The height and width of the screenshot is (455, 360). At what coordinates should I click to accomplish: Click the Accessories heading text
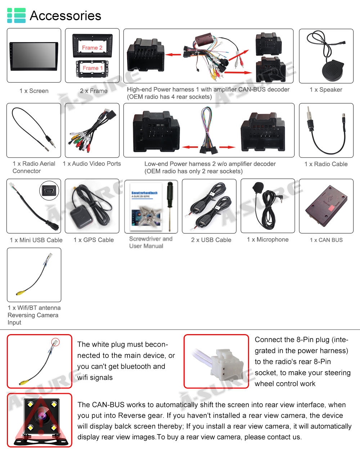click(x=65, y=16)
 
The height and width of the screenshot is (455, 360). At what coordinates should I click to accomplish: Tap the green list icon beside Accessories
click(x=16, y=15)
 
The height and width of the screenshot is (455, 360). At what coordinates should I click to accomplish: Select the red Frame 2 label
click(x=92, y=48)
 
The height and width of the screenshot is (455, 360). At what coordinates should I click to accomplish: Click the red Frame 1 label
click(x=93, y=68)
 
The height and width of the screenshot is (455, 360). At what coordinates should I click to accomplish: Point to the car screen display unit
click(x=34, y=56)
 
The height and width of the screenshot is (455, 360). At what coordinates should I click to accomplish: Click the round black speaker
click(x=333, y=70)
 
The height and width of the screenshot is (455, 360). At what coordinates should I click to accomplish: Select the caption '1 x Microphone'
click(x=267, y=240)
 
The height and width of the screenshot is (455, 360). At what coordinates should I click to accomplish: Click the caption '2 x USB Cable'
click(x=211, y=240)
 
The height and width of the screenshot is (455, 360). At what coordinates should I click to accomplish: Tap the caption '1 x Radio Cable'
click(x=326, y=164)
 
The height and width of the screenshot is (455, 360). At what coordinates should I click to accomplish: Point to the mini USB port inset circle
click(x=49, y=191)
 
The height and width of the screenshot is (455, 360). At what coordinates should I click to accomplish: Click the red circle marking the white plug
click(x=55, y=342)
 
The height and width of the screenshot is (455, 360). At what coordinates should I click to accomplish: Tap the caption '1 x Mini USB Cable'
click(x=36, y=240)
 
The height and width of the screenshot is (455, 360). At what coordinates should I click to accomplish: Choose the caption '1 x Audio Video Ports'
click(x=92, y=164)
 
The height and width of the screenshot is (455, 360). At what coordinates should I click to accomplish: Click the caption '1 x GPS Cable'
click(x=94, y=240)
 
